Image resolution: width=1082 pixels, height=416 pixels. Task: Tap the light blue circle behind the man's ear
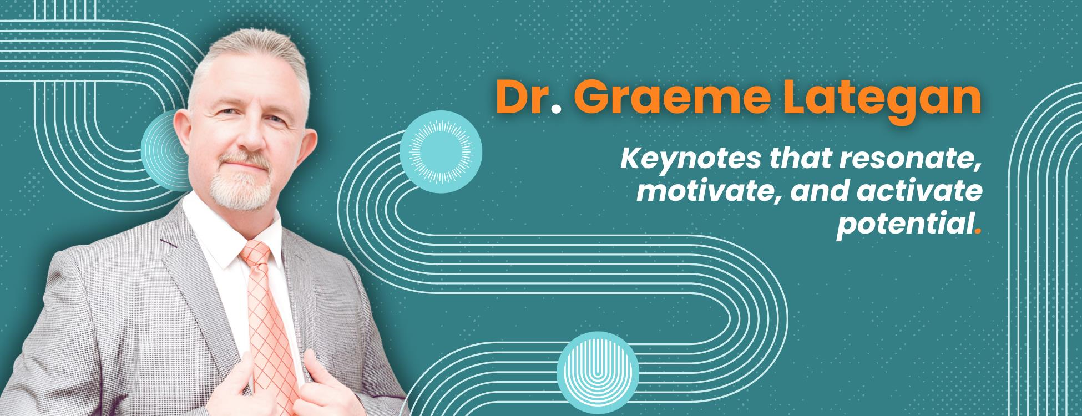(x=166, y=150)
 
